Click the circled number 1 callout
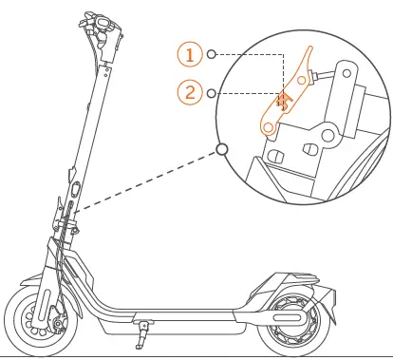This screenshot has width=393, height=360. [x=190, y=55]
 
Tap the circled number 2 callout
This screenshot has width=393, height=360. [x=190, y=92]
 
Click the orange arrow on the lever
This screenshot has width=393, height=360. [x=281, y=100]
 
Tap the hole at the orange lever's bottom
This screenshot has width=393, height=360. [x=270, y=124]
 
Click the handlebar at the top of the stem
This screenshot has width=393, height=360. [x=99, y=28]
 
